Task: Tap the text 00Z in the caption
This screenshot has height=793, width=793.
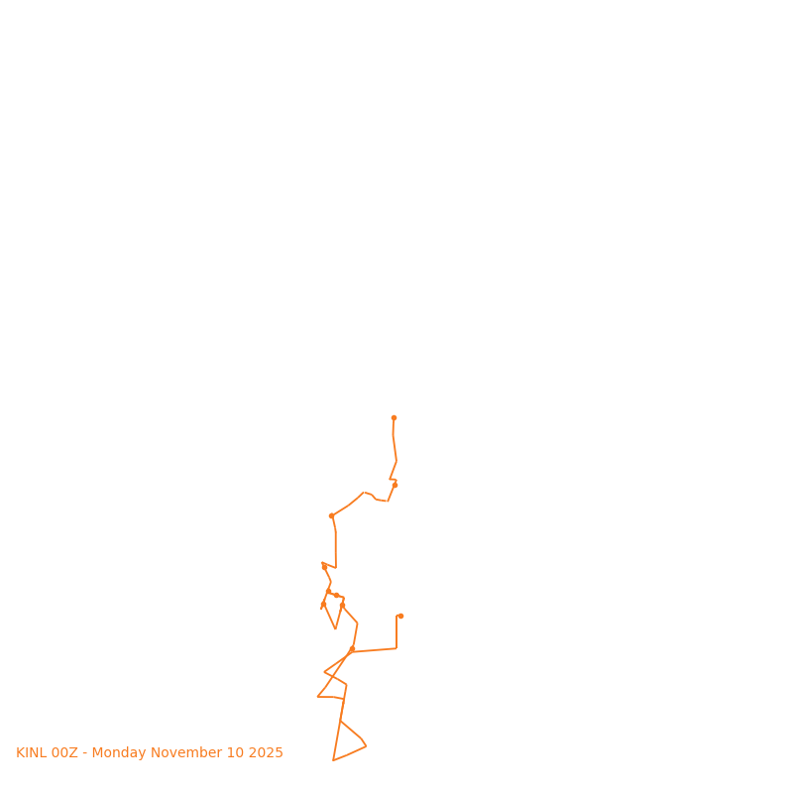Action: coord(64,753)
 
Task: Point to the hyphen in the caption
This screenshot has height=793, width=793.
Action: coord(85,753)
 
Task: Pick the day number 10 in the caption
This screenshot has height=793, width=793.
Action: coord(238,753)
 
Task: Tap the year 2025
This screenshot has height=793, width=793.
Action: coord(268,753)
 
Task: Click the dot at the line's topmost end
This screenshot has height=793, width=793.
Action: coord(394,417)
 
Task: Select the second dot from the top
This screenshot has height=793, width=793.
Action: coord(395,485)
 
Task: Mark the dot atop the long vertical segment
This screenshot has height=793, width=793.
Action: coord(331,515)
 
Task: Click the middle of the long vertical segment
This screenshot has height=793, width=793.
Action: coord(336,550)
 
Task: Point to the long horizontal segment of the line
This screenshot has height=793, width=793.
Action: coord(375,650)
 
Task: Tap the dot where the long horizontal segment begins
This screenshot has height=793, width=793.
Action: coord(352,649)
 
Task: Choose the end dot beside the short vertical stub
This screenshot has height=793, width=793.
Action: coord(400,616)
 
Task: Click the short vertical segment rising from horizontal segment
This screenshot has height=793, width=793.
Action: coord(396,632)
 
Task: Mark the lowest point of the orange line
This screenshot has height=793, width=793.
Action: coord(333,760)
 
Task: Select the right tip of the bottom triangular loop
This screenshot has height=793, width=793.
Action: coord(366,746)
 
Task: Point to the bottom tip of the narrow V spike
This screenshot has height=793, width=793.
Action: coord(336,628)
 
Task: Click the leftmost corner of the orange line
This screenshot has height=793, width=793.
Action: coord(317,697)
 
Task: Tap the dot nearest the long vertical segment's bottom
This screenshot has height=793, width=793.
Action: coord(324,567)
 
